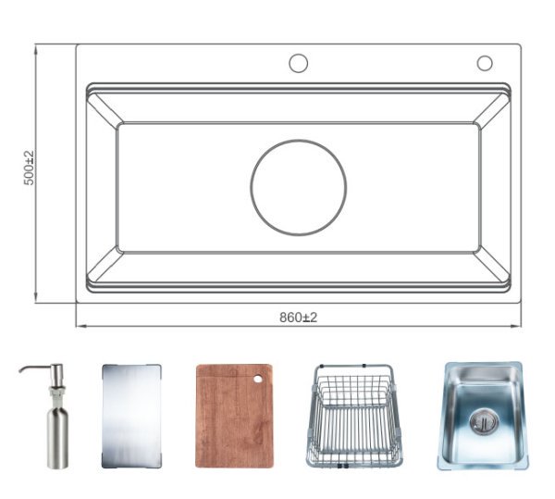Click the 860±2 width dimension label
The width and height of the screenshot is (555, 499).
[298, 318]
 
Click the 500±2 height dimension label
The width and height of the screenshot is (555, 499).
[30, 168]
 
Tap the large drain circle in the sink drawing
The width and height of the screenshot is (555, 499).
[298, 187]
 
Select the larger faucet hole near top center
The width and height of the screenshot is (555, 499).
[298, 63]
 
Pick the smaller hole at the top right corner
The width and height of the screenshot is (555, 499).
[485, 63]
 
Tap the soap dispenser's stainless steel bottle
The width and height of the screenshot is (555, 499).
[57, 435]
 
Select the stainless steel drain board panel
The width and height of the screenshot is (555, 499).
[130, 416]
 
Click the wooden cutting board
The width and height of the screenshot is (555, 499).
[233, 417]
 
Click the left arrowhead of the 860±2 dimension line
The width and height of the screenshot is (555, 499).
[80, 326]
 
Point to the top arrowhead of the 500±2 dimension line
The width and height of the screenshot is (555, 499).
[35, 48]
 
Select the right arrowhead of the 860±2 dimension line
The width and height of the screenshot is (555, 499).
[517, 326]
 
